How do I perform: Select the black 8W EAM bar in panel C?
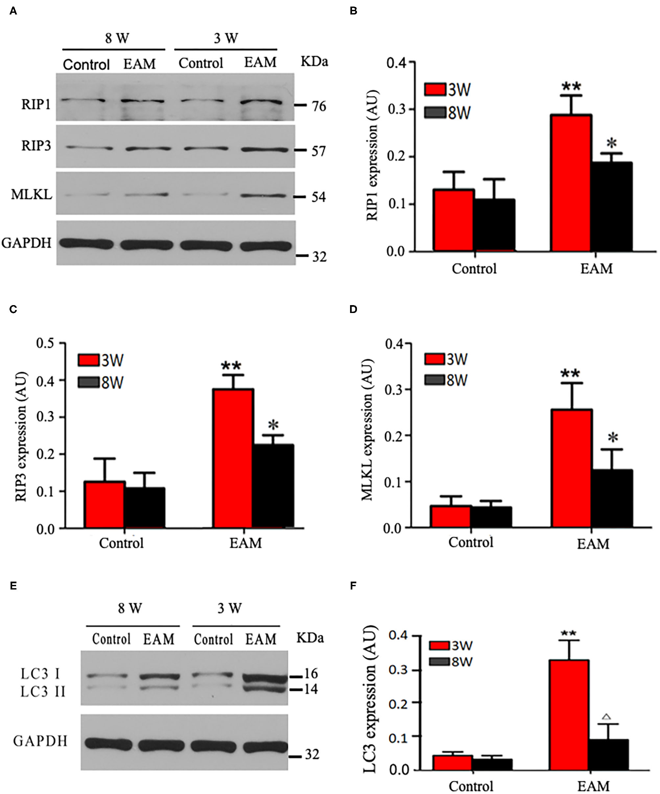pos(273,486)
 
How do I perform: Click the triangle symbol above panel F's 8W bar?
pos(607,716)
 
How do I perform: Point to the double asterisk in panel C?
pos(231,366)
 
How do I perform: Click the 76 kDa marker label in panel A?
pos(318,106)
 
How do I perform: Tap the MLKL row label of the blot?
pos(31,195)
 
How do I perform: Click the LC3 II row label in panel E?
pos(43,691)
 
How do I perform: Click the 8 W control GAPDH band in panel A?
pos(86,244)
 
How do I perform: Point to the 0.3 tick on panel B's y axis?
pos(396,109)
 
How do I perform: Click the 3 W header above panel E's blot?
pos(229,608)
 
